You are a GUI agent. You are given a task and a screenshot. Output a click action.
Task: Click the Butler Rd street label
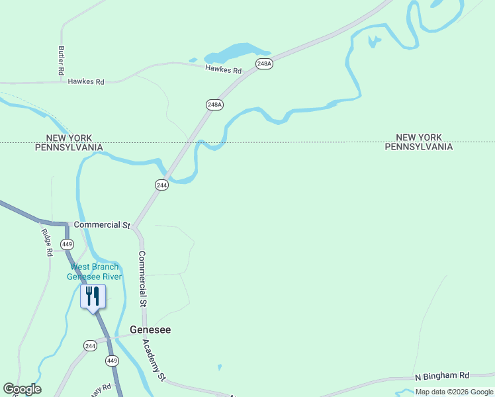coord(61,60)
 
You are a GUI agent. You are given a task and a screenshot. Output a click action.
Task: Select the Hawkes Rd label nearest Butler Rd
coord(86,82)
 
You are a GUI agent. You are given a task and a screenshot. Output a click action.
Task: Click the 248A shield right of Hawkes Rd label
coord(265,64)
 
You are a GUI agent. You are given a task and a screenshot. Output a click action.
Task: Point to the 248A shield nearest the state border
coord(214,105)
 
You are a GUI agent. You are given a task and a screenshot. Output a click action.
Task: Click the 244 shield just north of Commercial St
coord(162,185)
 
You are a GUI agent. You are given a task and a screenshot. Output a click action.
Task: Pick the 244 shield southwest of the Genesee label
coord(91,345)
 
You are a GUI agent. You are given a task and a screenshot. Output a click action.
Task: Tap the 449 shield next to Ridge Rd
coord(67,244)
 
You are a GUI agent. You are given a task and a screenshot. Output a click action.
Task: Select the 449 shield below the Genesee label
coord(112,361)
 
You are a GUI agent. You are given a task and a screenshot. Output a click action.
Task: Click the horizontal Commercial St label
coord(102,225)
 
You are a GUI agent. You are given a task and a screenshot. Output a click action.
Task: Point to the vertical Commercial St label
coord(142,279)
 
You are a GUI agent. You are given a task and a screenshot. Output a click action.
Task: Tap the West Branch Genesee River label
coord(96,272)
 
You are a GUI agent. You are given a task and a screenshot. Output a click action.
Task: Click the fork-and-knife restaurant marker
coord(93,296)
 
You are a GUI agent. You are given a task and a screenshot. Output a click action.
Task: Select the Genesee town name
coord(150,330)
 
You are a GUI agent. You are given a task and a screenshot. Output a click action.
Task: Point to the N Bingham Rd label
coord(442,376)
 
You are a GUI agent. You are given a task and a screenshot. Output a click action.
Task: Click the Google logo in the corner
coord(22,389)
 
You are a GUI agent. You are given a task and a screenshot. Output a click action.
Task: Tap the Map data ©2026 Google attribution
coord(454,392)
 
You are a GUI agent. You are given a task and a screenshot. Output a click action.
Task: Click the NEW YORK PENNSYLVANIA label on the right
coord(419,142)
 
